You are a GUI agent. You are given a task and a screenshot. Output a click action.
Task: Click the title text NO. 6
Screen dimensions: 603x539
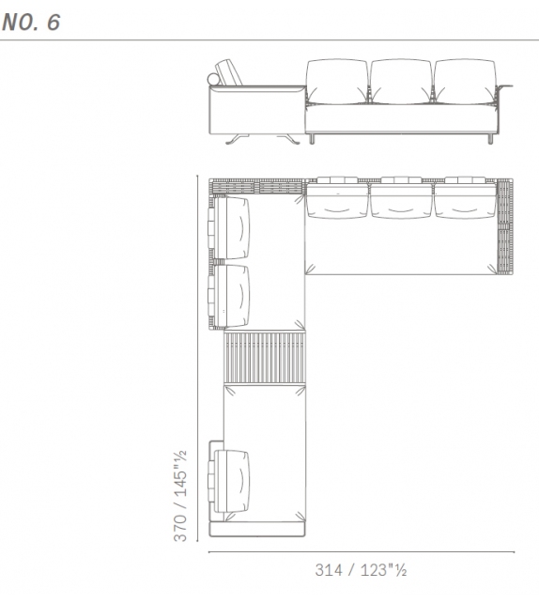(31, 23)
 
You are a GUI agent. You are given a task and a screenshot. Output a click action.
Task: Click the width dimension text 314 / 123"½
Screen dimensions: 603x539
(361, 569)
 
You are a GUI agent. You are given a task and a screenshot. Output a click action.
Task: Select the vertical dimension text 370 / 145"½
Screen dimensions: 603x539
(179, 495)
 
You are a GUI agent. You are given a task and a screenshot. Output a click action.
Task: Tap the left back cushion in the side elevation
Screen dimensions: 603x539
(336, 82)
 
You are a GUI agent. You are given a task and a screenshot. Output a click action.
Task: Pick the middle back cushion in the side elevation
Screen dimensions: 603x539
(401, 82)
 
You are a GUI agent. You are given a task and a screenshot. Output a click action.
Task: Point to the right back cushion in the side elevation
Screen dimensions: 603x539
(464, 82)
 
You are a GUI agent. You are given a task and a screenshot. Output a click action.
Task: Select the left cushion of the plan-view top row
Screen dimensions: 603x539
(337, 199)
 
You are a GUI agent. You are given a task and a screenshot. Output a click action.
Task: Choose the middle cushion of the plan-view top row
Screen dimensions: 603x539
(401, 199)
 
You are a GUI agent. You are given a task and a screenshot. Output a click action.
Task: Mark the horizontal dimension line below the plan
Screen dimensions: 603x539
(361, 551)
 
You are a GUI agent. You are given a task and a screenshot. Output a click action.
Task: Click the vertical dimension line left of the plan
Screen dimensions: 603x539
(196, 357)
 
